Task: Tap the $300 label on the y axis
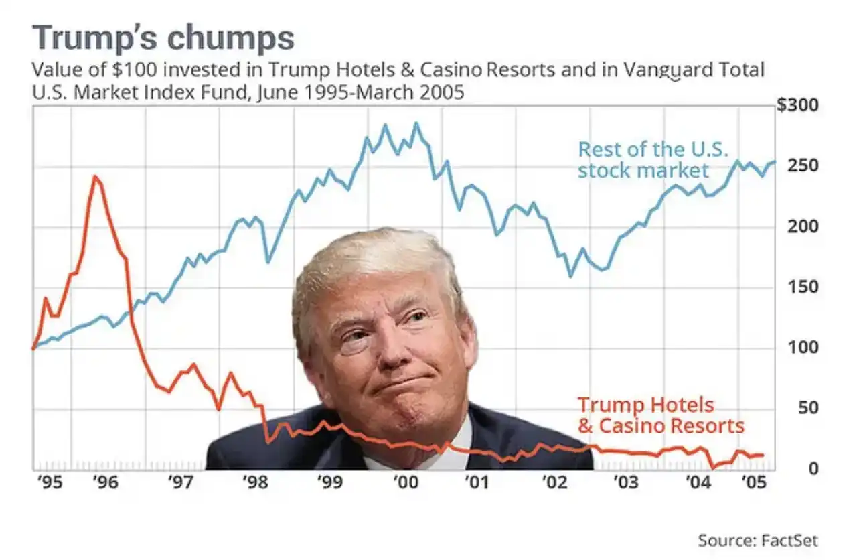[797, 106]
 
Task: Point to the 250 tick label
[803, 165]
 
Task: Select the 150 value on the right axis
[803, 287]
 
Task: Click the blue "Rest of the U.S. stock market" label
[653, 159]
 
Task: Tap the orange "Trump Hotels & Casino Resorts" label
[660, 415]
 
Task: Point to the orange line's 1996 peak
[96, 176]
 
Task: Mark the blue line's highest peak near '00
[416, 123]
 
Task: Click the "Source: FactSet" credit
[757, 540]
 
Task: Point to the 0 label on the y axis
[813, 468]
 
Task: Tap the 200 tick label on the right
[803, 226]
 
